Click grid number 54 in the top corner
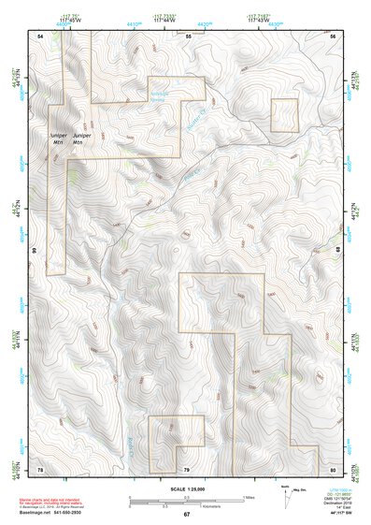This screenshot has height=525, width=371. click(x=40, y=35)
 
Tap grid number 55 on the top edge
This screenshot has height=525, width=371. click(x=188, y=35)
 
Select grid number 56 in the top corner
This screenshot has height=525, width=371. click(x=333, y=35)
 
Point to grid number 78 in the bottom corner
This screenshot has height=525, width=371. click(x=40, y=468)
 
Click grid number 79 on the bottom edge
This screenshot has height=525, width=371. click(x=186, y=468)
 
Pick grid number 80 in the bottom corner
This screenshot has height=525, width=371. click(x=333, y=468)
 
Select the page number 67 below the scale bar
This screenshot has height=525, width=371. click(x=186, y=514)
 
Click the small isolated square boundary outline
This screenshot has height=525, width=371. click(x=284, y=115)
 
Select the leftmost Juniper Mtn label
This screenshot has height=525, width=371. click(x=55, y=139)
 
